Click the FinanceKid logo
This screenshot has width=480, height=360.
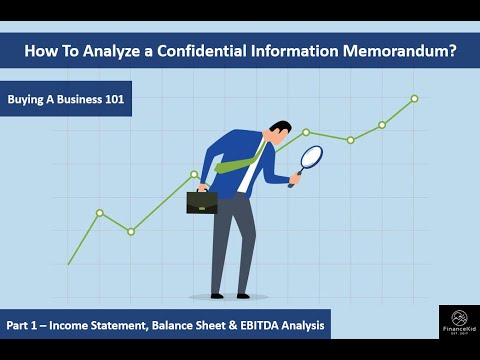click(459, 324)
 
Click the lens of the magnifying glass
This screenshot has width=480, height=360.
click(312, 158)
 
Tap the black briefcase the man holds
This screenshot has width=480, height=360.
click(201, 201)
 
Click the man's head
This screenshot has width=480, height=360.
click(281, 133)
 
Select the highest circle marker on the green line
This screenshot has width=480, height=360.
click(414, 98)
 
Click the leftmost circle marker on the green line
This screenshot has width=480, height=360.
click(100, 213)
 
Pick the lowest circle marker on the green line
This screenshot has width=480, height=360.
click(131, 231)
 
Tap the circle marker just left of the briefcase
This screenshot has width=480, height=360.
click(194, 173)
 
